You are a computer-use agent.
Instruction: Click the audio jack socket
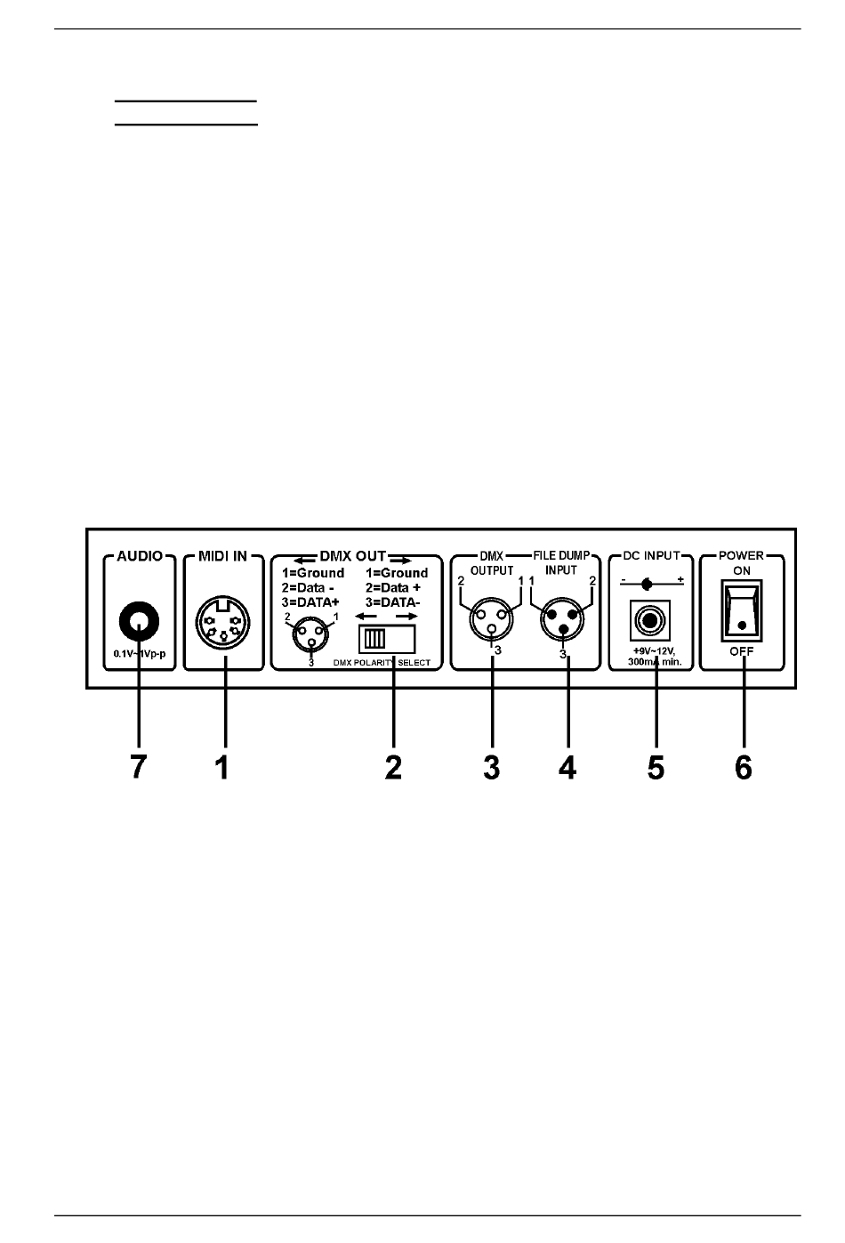pyautogui.click(x=139, y=623)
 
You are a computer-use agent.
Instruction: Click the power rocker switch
pyautogui.click(x=741, y=611)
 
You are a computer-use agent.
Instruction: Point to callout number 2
pyautogui.click(x=393, y=766)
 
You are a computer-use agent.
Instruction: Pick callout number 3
pyautogui.click(x=492, y=766)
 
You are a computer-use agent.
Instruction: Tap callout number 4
pyautogui.click(x=567, y=766)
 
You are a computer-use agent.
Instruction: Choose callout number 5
pyautogui.click(x=656, y=766)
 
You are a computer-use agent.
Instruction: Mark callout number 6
pyautogui.click(x=743, y=766)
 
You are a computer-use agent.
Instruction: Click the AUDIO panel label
pyautogui.click(x=140, y=556)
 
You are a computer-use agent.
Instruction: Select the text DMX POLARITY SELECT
pyautogui.click(x=387, y=663)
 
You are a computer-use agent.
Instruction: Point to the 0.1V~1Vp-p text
pyautogui.click(x=140, y=654)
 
